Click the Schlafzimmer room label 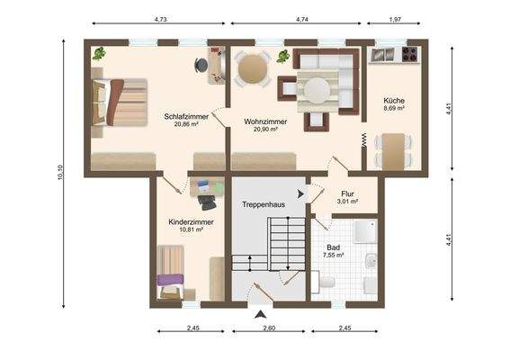[186, 116]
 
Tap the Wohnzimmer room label [264, 121]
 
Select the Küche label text [393, 100]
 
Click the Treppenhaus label [263, 205]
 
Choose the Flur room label [347, 193]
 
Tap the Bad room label [334, 246]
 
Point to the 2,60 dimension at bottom [270, 328]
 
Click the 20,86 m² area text [186, 124]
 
